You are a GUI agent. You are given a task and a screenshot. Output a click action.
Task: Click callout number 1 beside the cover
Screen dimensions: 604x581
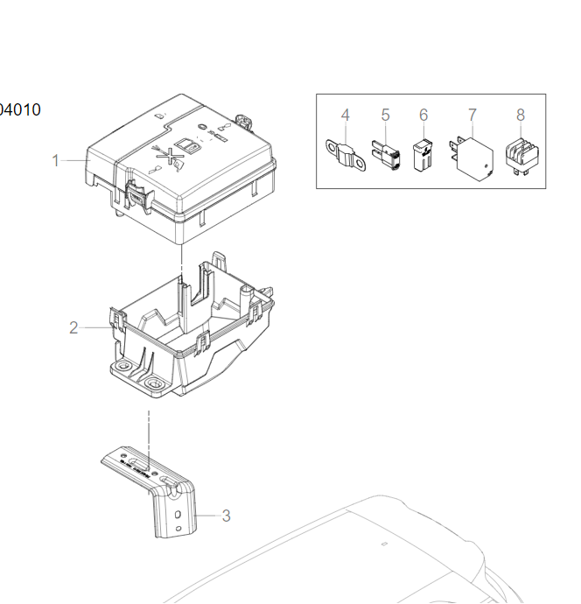[x=55, y=160]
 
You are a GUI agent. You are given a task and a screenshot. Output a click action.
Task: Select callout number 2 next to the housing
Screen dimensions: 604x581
[x=73, y=327]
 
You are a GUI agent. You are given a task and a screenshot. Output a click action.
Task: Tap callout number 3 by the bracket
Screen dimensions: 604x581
[x=226, y=516]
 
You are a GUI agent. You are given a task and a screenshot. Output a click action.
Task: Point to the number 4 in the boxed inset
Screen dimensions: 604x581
[x=345, y=115]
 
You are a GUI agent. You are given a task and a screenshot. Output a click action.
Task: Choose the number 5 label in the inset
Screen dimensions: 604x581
[x=385, y=115]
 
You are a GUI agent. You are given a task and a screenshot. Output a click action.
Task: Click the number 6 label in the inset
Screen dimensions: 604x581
[x=423, y=115]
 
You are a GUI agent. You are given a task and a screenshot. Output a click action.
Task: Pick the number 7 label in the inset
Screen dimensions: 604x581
[x=472, y=115]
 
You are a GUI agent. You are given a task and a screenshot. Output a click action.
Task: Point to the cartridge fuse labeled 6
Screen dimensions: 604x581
[x=423, y=152]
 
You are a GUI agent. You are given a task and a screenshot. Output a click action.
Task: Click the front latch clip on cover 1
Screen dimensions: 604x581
[x=136, y=194]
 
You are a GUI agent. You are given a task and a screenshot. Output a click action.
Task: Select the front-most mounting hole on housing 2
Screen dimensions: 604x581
[x=157, y=383]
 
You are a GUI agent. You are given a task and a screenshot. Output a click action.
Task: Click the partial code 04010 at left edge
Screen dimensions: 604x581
[x=19, y=110]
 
